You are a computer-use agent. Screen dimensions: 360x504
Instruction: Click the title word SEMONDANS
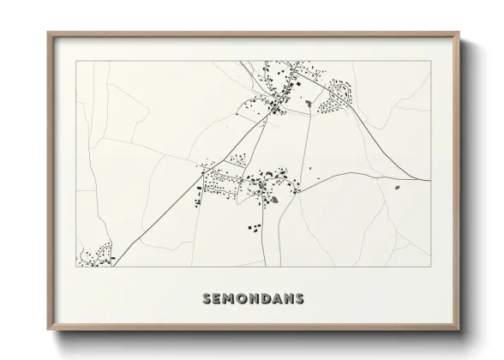(x=252, y=299)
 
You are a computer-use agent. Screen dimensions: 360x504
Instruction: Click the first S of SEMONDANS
(x=207, y=299)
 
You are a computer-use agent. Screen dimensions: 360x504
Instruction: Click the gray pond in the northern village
(x=307, y=104)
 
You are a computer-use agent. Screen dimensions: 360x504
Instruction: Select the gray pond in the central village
(x=274, y=201)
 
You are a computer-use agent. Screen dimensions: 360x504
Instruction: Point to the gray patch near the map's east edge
(x=397, y=186)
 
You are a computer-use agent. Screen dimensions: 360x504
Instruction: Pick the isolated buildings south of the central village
(x=255, y=227)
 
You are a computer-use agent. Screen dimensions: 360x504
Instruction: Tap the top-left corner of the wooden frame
(x=48, y=34)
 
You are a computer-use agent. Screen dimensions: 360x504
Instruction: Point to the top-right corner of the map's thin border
(x=430, y=62)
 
